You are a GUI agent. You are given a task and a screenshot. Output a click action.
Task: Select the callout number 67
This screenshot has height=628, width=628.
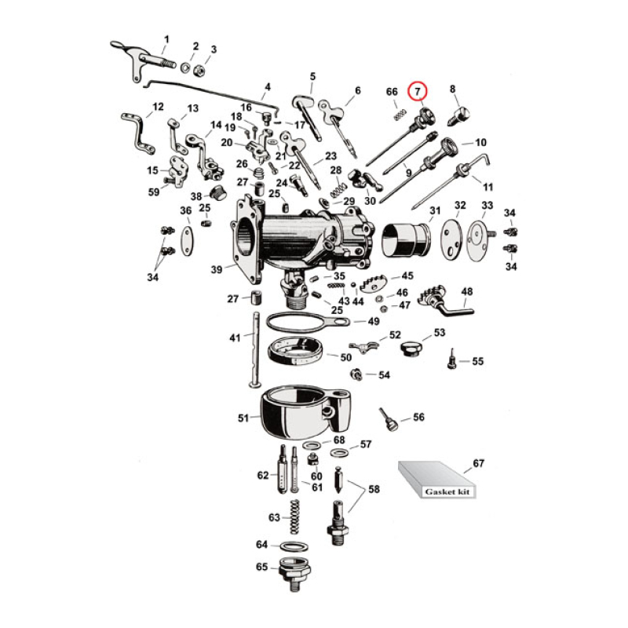(x=479, y=464)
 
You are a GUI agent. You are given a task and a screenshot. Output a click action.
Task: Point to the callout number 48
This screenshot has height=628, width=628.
(x=467, y=292)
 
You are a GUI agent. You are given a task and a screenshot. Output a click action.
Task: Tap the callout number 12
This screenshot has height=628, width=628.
(x=158, y=107)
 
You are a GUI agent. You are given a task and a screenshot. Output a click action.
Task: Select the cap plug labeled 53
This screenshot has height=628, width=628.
(x=410, y=346)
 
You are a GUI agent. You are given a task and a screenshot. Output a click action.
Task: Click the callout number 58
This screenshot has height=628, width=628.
(x=374, y=489)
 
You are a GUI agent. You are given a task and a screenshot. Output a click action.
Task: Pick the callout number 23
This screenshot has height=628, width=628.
(x=330, y=155)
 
